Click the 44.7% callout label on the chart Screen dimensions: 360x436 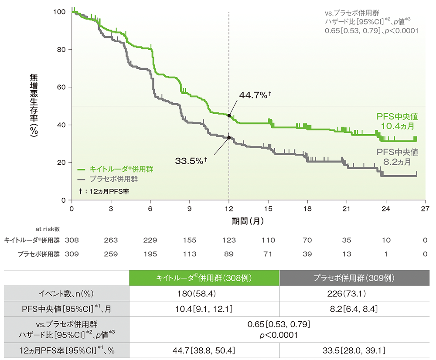pyautogui.click(x=255, y=95)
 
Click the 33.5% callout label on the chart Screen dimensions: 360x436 pyautogui.click(x=191, y=161)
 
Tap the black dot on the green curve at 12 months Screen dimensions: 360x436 pyautogui.click(x=229, y=115)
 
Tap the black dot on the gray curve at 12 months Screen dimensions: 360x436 pyautogui.click(x=229, y=138)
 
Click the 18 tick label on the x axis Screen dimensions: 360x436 pyautogui.click(x=308, y=208)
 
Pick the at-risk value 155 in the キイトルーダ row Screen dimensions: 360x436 pyautogui.click(x=190, y=240)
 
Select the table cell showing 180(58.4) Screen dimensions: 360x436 pyautogui.click(x=204, y=294)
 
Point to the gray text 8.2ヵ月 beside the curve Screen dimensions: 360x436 pyautogui.click(x=397, y=162)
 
